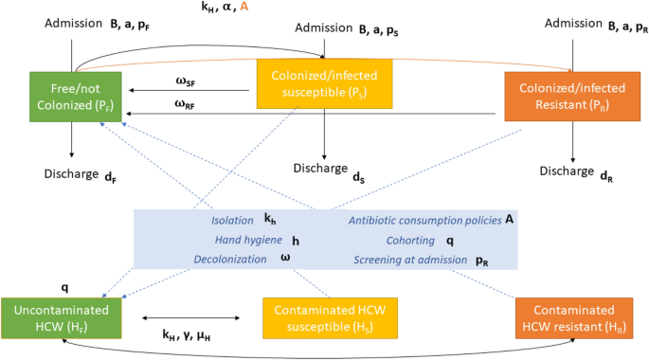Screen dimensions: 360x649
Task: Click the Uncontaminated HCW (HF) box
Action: pyautogui.click(x=63, y=317)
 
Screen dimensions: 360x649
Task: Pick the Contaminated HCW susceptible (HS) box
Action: pyautogui.click(x=324, y=317)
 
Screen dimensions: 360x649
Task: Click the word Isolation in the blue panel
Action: pyautogui.click(x=233, y=220)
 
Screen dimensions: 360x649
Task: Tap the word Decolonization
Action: pyautogui.click(x=230, y=259)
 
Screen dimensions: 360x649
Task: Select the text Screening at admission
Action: pyautogui.click(x=410, y=259)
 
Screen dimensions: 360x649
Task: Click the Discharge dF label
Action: pyautogui.click(x=75, y=173)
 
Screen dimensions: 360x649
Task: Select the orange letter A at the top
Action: pyautogui.click(x=244, y=8)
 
